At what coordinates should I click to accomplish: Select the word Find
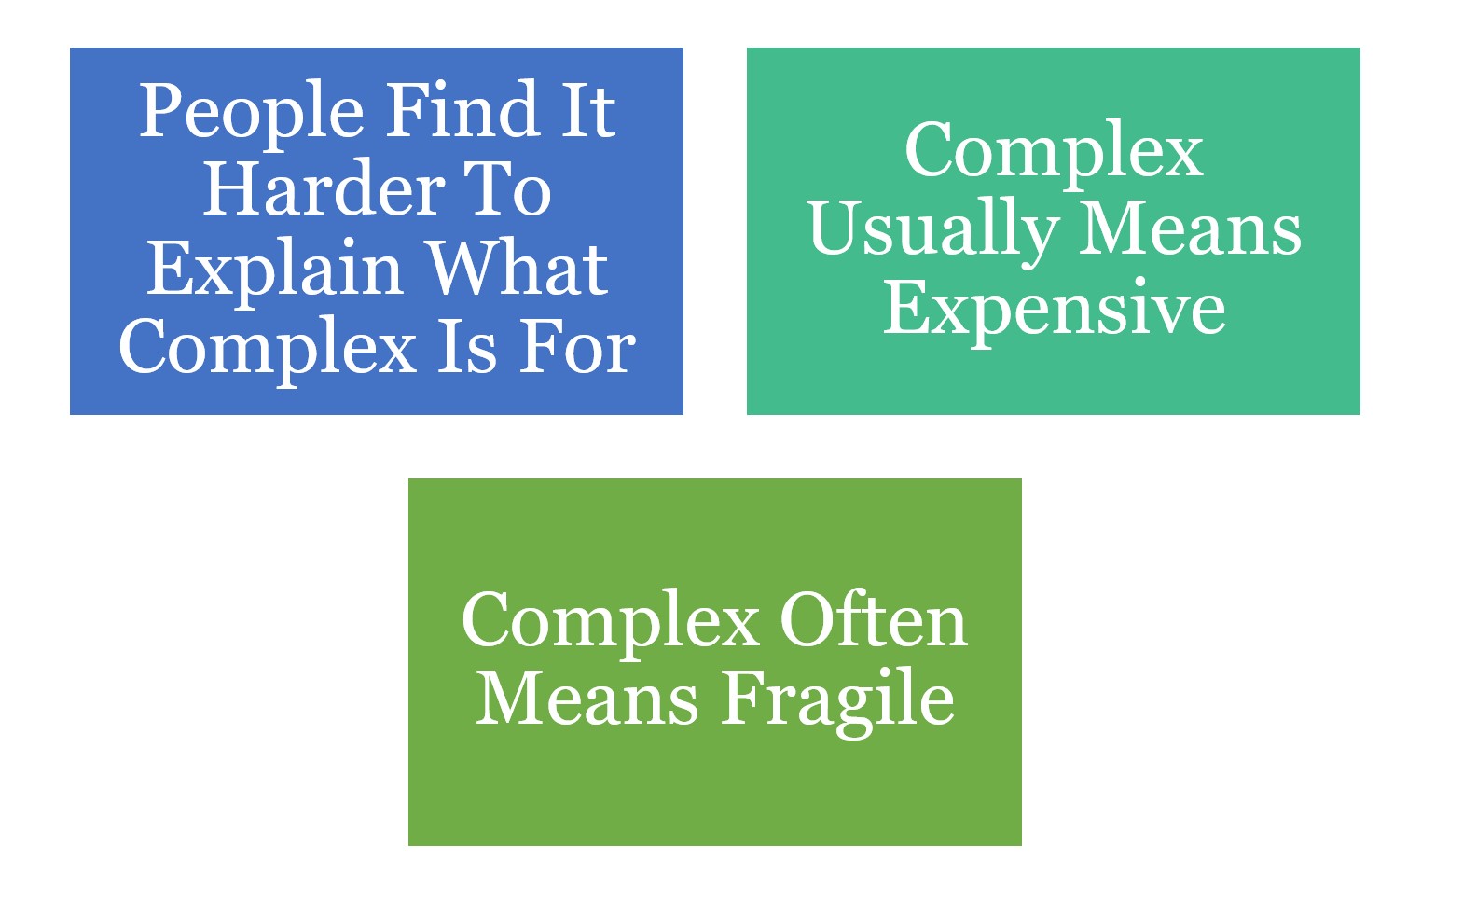(x=462, y=111)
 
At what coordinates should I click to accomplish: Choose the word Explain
(x=274, y=270)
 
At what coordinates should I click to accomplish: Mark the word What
(x=518, y=269)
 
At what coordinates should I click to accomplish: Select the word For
(x=578, y=347)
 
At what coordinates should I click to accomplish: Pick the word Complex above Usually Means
(x=1054, y=152)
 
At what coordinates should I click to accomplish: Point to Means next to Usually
(x=1192, y=229)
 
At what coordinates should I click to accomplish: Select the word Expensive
(x=1054, y=310)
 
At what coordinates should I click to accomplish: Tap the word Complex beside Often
(x=611, y=623)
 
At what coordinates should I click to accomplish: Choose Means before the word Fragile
(x=587, y=699)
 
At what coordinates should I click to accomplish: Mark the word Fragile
(x=838, y=701)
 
